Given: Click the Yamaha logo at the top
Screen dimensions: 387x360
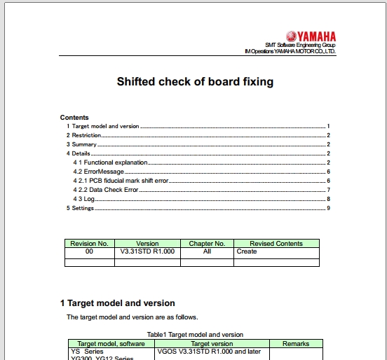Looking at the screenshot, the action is (311, 36).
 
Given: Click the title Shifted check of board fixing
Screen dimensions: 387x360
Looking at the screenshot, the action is (195, 82).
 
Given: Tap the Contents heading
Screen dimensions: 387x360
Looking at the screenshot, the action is (74, 118).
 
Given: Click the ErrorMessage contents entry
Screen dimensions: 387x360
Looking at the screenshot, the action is (103, 172).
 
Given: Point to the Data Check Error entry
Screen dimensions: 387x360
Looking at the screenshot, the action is (111, 190).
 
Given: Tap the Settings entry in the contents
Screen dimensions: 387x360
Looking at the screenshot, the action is (83, 208).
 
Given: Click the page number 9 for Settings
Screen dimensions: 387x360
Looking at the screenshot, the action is (328, 208).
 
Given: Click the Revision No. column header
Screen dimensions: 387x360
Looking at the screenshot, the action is (89, 244).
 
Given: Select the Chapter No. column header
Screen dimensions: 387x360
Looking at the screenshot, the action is (207, 244).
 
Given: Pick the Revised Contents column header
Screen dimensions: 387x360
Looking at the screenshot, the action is (276, 244).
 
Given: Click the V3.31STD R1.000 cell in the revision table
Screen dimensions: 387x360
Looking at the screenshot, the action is (147, 251).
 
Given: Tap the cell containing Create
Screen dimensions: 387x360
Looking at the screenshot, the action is (247, 251).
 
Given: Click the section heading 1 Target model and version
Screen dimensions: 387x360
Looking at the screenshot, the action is (118, 303).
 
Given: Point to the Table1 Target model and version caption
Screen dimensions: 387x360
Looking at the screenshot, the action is (195, 335).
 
